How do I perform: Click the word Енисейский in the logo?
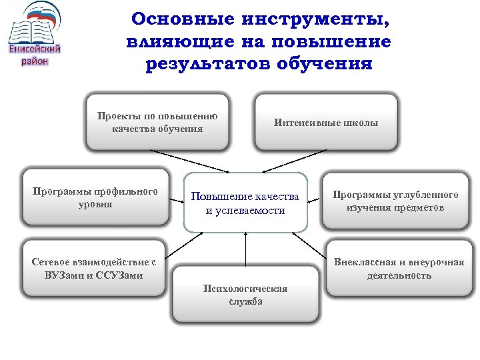[35, 49]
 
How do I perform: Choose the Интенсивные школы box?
[326, 123]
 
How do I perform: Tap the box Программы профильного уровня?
[95, 198]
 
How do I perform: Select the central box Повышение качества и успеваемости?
[245, 203]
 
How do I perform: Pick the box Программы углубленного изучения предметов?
[396, 201]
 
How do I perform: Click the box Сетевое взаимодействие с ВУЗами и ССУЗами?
[94, 268]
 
